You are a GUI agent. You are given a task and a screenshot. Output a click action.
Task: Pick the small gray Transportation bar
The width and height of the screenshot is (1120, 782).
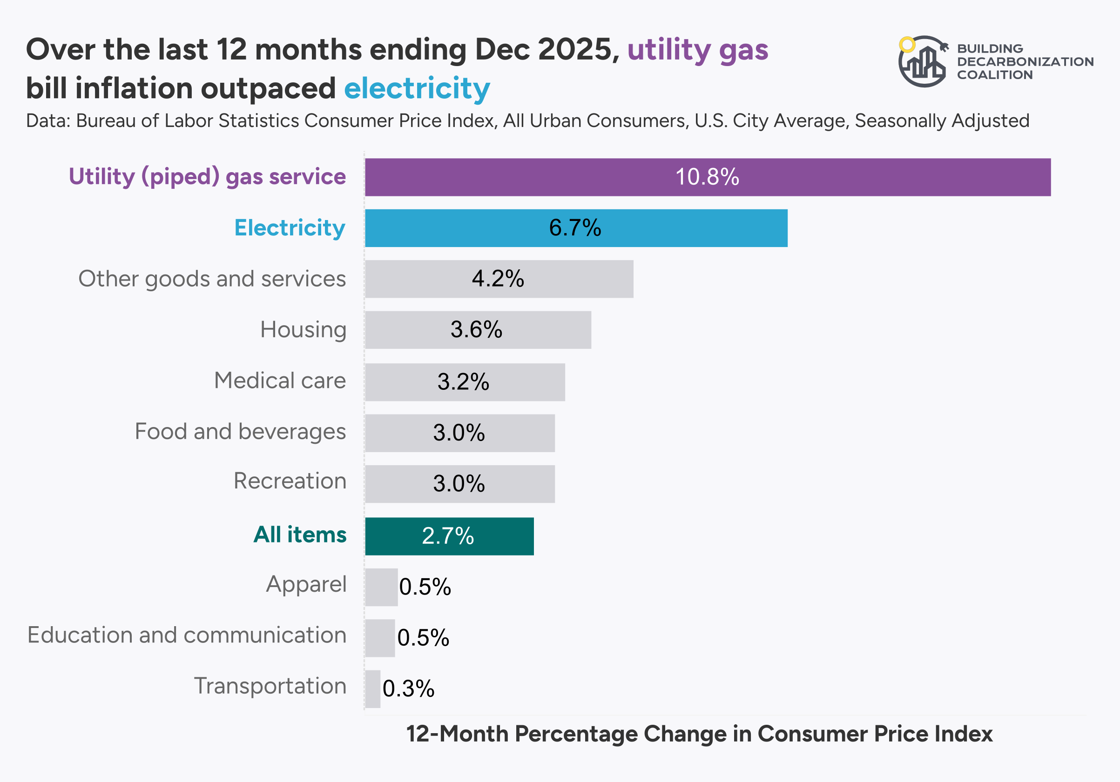click(373, 688)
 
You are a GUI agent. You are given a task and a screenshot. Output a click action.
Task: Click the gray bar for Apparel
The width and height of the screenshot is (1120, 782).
click(381, 587)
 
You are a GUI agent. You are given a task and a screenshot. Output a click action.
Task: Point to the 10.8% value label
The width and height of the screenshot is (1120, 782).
click(707, 177)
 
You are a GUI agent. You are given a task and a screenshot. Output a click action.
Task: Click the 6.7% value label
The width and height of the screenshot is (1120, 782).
click(574, 228)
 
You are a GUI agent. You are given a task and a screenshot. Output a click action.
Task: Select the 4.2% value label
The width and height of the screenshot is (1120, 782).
click(498, 279)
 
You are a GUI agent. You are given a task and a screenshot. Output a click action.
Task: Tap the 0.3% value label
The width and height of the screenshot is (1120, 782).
click(408, 688)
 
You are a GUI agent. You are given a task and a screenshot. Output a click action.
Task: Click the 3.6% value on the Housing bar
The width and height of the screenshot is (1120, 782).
click(476, 329)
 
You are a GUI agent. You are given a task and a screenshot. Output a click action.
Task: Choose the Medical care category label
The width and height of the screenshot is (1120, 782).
click(280, 381)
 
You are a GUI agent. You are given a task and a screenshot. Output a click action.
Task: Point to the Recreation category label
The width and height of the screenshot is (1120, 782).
click(290, 481)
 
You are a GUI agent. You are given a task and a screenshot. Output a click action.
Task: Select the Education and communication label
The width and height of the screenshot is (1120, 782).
click(187, 635)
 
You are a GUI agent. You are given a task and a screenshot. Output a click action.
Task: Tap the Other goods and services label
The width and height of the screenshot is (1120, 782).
click(212, 279)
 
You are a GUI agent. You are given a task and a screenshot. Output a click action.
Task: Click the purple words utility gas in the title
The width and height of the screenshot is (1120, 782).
click(698, 50)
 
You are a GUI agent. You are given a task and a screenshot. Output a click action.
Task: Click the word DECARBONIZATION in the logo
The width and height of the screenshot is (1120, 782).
click(1025, 62)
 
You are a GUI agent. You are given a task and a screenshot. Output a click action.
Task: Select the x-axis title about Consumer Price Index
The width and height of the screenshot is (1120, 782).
click(699, 734)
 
